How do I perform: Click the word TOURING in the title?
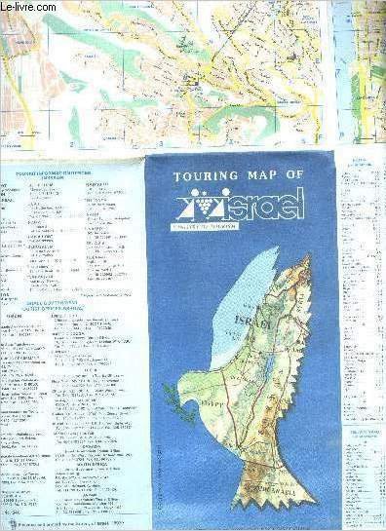tap(206, 177)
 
